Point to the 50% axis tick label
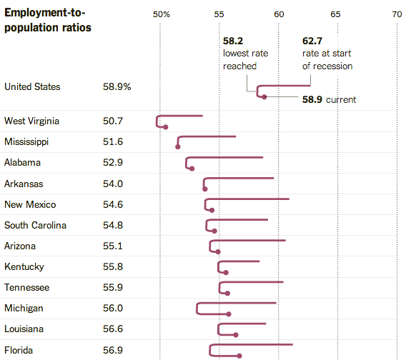click(x=161, y=14)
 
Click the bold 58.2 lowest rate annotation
click(x=233, y=42)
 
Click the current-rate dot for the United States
click(x=264, y=96)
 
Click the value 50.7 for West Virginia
click(x=113, y=121)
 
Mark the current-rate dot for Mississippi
click(x=178, y=147)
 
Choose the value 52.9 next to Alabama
click(x=113, y=162)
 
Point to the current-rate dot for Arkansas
click(x=205, y=189)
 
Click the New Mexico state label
click(x=30, y=204)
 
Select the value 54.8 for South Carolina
click(x=113, y=225)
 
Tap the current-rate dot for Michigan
click(x=229, y=314)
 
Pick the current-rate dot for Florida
click(x=239, y=356)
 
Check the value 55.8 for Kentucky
click(x=113, y=266)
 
